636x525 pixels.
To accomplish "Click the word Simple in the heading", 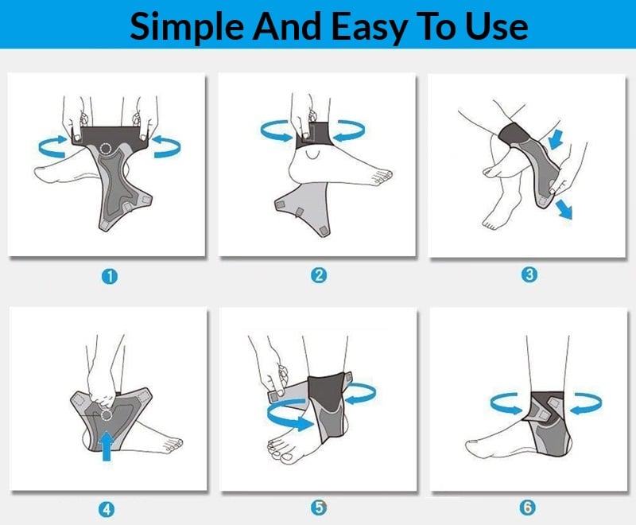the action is point(187,27).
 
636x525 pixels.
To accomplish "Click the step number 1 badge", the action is point(110,277).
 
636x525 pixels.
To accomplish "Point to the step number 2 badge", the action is point(319,275).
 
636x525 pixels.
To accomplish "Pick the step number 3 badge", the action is point(529,274).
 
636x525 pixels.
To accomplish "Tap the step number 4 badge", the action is point(107,510).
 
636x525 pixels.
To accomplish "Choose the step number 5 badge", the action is point(319,507).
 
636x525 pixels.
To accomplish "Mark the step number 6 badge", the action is point(527,507).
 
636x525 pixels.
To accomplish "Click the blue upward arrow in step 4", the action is point(107,445).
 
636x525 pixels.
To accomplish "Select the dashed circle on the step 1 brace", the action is point(107,149).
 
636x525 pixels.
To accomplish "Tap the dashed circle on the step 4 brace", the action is point(107,415).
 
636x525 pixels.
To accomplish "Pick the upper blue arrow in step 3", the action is point(555,138).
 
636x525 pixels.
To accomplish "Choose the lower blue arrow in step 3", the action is point(564,209).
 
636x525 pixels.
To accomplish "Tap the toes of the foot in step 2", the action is point(381,177).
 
